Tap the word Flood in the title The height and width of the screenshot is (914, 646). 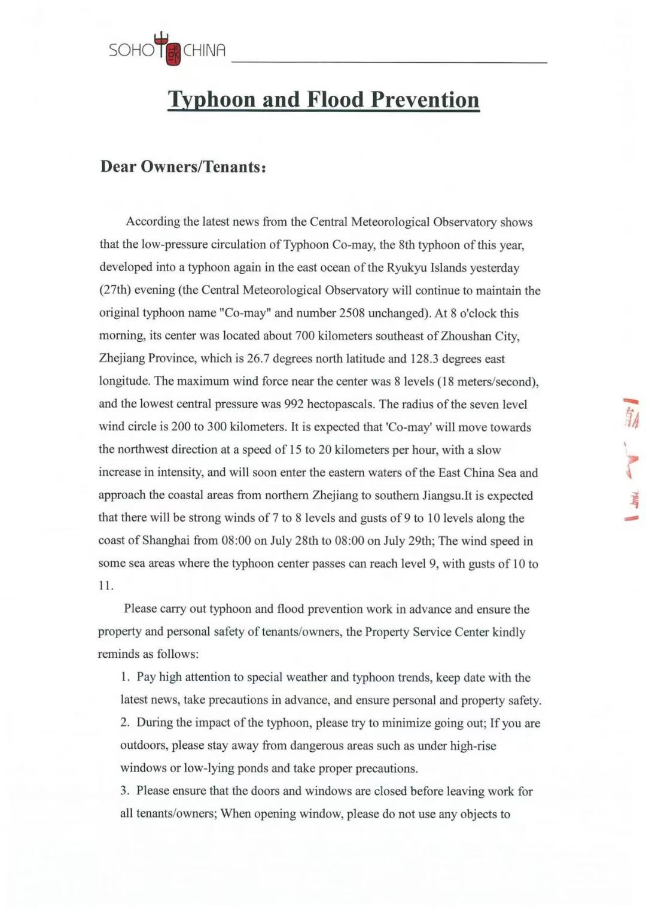(334, 99)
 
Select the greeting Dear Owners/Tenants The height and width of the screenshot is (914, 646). (182, 166)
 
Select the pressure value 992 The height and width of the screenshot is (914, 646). (294, 404)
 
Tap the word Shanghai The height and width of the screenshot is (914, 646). (166, 540)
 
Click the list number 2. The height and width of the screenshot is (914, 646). (124, 722)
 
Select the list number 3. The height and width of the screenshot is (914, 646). (124, 791)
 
